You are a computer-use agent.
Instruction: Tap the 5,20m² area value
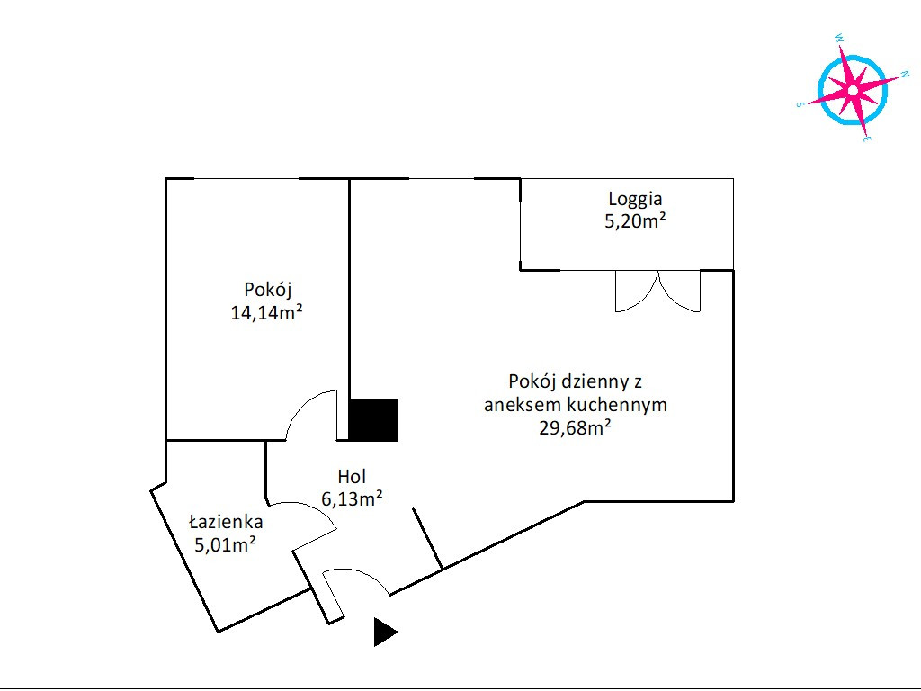click(x=635, y=221)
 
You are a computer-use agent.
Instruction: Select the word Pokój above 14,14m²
click(x=268, y=291)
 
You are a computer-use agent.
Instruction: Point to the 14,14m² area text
click(x=266, y=312)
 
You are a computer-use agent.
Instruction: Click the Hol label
click(x=352, y=477)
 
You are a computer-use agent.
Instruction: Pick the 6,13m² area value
click(x=352, y=498)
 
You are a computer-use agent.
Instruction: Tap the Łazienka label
click(x=226, y=521)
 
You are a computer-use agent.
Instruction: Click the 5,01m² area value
click(x=225, y=544)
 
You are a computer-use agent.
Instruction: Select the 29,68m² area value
click(x=575, y=427)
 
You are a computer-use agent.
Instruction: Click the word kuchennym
click(x=617, y=405)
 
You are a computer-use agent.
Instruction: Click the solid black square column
click(x=373, y=420)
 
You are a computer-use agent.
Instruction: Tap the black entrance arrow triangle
click(x=385, y=633)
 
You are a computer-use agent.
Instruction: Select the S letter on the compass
click(x=800, y=104)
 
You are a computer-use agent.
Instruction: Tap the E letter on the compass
click(x=868, y=139)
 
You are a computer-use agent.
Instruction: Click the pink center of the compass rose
click(x=853, y=90)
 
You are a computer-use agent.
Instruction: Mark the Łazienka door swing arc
click(x=310, y=510)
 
